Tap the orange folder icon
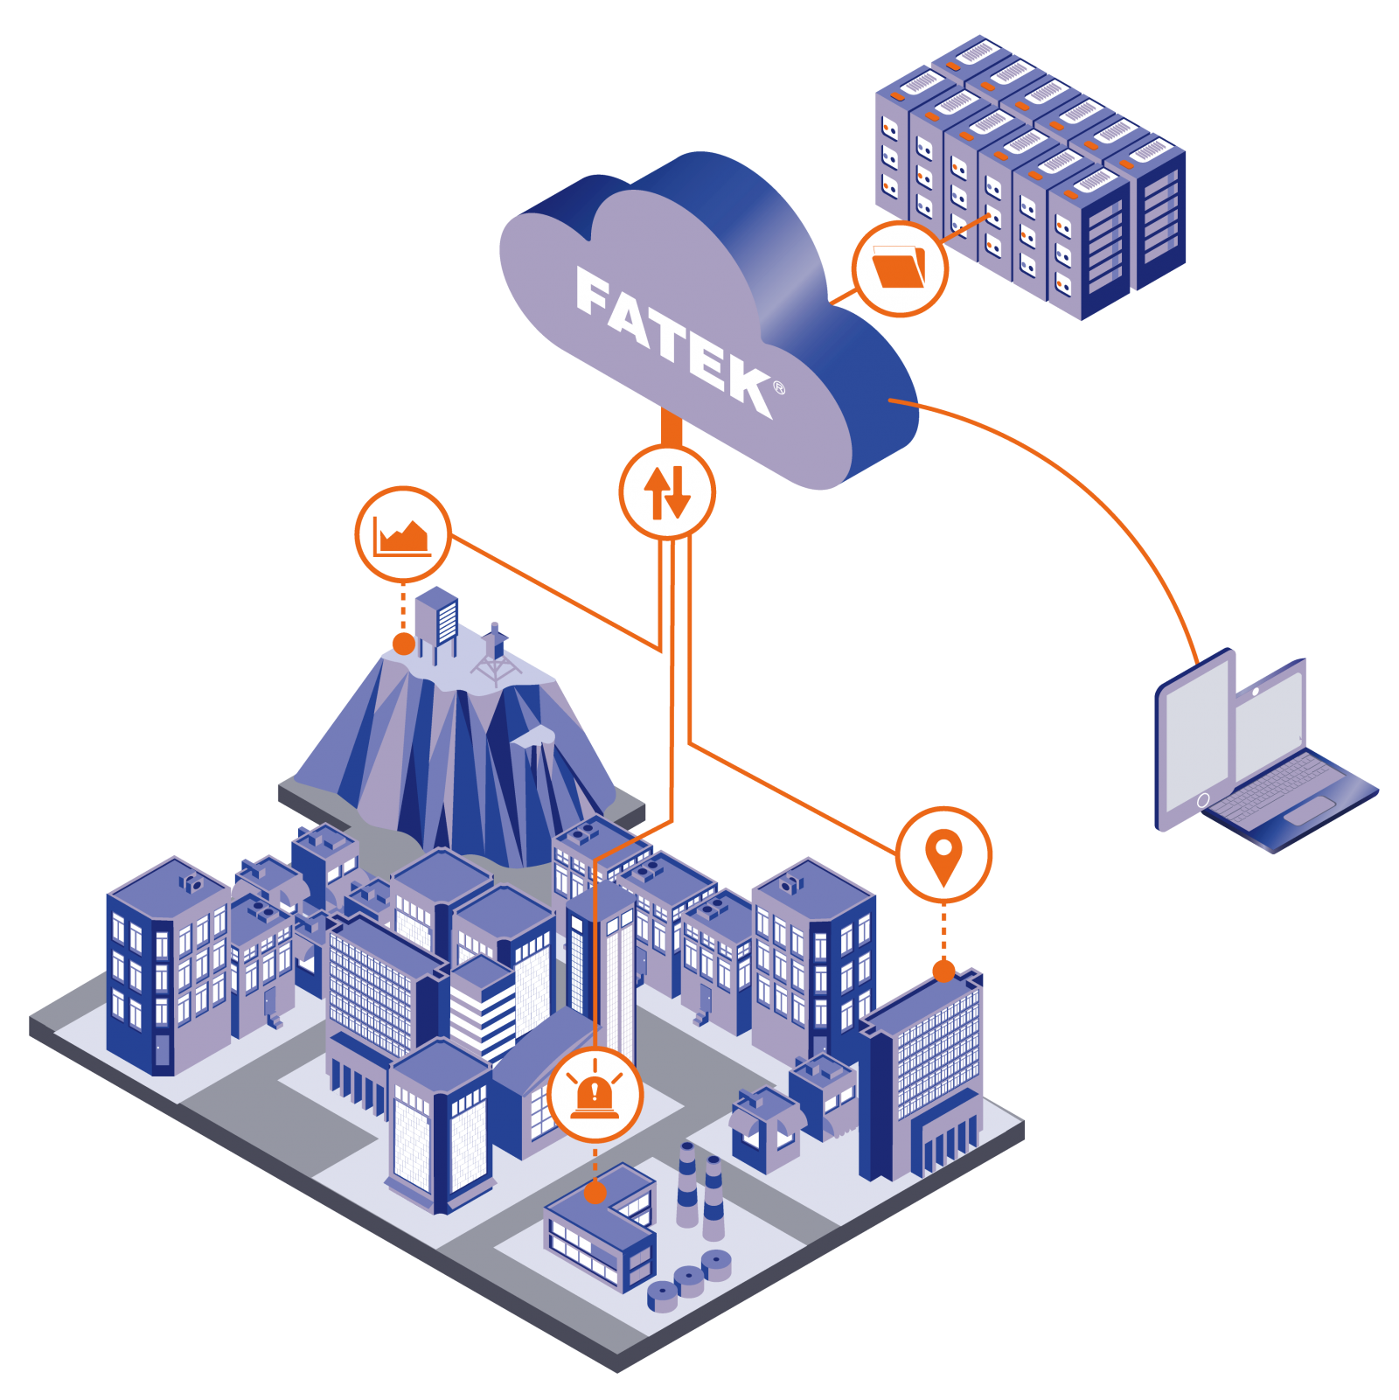coord(900,268)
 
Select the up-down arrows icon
coord(667,492)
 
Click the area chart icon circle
coord(402,533)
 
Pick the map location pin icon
coord(943,854)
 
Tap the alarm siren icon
coord(595,1095)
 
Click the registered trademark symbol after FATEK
coord(779,388)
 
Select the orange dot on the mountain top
coord(403,644)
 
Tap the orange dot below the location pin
coord(943,971)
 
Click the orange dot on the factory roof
coord(595,1192)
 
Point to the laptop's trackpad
coord(1309,811)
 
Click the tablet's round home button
coord(1203,800)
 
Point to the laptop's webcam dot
coord(1256,692)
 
